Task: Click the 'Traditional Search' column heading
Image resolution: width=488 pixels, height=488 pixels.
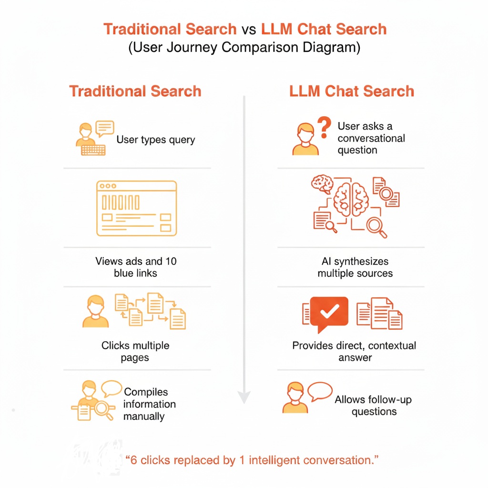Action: click(135, 91)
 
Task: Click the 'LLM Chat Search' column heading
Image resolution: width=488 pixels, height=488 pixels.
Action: click(352, 91)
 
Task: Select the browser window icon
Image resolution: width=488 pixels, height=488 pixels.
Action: click(136, 208)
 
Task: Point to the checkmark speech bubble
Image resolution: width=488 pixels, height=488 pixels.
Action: click(329, 313)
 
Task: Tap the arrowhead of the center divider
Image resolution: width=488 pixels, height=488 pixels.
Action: click(244, 396)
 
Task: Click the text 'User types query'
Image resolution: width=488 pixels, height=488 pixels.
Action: click(155, 140)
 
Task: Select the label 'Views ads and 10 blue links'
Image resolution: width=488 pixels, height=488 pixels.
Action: click(136, 267)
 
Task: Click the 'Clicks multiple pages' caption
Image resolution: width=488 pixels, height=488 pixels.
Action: click(135, 351)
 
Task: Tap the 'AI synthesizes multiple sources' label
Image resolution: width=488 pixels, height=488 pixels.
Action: click(355, 267)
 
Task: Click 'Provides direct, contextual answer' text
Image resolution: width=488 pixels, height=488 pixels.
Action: click(355, 351)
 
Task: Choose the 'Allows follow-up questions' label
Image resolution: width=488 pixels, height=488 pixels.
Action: click(374, 405)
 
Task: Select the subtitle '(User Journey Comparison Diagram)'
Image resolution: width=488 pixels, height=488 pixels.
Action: click(244, 48)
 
